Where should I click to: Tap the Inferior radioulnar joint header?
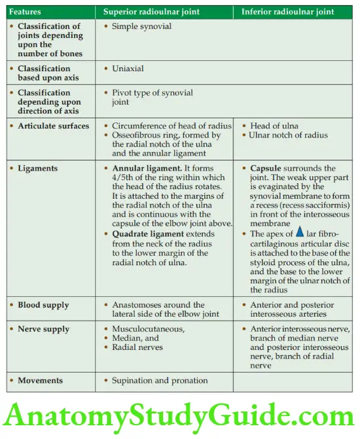tap(288, 12)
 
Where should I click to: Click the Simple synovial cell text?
tap(141, 26)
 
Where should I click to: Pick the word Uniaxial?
tap(128, 68)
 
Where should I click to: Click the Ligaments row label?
tap(37, 168)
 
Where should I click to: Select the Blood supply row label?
tap(43, 305)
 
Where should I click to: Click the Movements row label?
tap(41, 380)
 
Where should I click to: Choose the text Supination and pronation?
tap(160, 380)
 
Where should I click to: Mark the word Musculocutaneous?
tap(147, 329)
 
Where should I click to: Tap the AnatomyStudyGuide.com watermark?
tap(180, 415)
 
